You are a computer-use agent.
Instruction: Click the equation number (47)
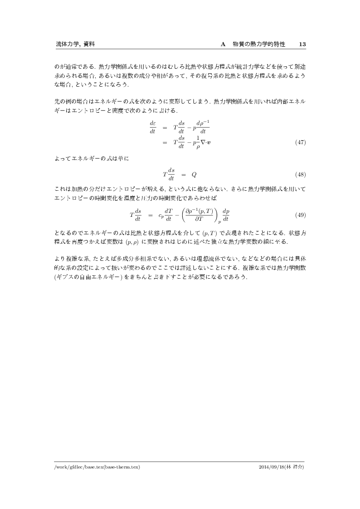click(299, 142)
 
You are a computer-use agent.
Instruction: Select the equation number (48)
click(299, 175)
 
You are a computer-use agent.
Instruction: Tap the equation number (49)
click(299, 215)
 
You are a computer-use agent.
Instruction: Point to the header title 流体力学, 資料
click(75, 44)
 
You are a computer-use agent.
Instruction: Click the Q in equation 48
click(194, 175)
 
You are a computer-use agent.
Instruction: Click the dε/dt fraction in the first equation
click(153, 127)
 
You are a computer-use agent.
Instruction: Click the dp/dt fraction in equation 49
click(226, 215)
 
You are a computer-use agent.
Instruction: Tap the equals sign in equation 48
click(183, 175)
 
